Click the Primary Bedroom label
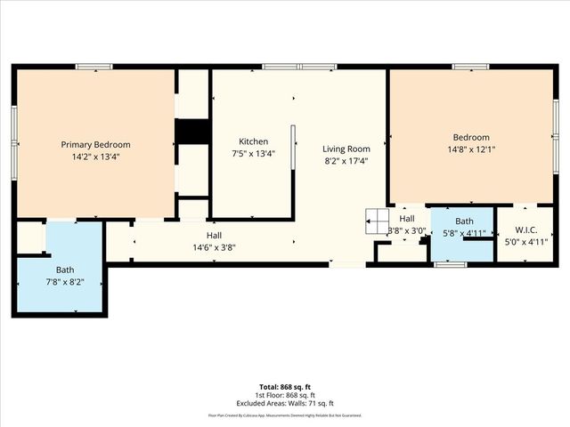coord(95,145)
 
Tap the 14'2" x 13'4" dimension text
coord(95,157)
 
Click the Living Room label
coord(346,149)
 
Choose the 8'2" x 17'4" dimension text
coord(346,161)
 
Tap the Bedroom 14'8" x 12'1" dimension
coord(471,149)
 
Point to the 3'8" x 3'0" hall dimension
coord(407,231)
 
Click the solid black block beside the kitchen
coord(191,131)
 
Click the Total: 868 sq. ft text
coord(285,386)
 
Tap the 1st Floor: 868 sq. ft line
coord(285,394)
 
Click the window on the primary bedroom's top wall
coord(94,67)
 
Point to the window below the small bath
coord(450,264)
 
